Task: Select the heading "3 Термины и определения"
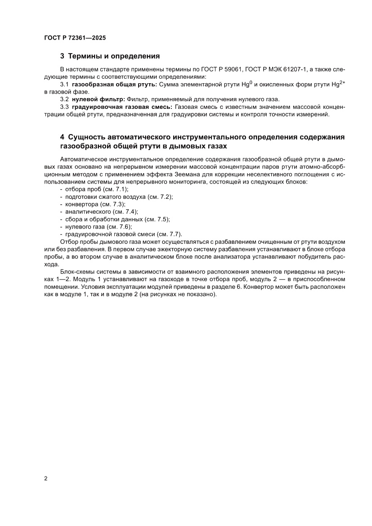(110, 56)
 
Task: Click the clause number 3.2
(64, 99)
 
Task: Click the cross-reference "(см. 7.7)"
(168, 234)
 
